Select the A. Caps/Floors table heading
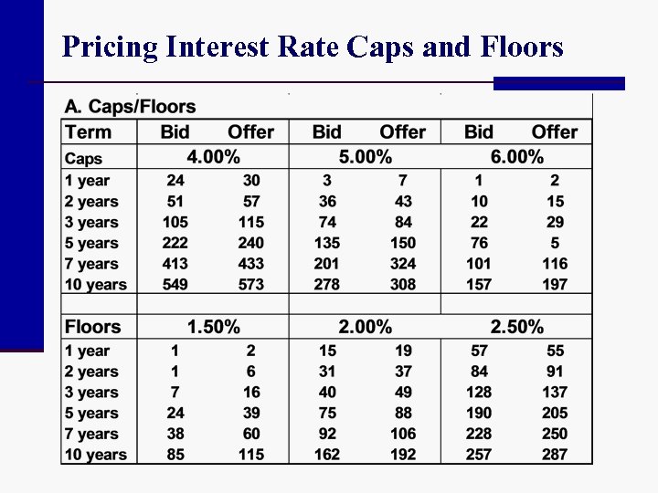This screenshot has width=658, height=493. [x=130, y=108]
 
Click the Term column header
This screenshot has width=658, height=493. [x=89, y=131]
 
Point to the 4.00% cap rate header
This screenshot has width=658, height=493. [x=213, y=157]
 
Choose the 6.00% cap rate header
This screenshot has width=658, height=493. [x=516, y=157]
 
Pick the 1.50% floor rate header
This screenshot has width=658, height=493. [x=213, y=327]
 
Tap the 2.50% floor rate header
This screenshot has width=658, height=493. [x=516, y=327]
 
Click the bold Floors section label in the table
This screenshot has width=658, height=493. [x=92, y=327]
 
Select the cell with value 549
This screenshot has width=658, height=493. [x=175, y=285]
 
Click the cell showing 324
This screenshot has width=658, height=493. [x=403, y=264]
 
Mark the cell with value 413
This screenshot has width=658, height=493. [x=175, y=264]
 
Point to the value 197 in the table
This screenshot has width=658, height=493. [x=554, y=285]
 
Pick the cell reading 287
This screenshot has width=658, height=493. [x=554, y=455]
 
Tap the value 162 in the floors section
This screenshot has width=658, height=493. [x=327, y=455]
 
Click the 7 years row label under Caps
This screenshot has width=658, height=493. [x=91, y=264]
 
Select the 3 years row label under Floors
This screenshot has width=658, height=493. [x=91, y=393]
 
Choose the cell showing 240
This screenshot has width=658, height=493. [x=250, y=243]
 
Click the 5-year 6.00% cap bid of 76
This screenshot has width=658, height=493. [x=479, y=243]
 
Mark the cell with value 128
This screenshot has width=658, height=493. [x=479, y=393]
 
